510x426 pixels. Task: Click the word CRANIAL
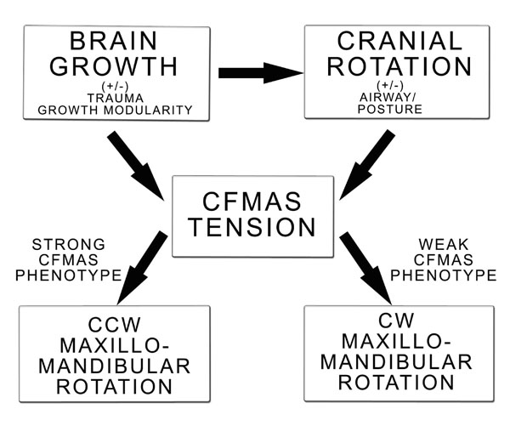pos(396,41)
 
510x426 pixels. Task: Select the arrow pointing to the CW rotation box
pos(367,267)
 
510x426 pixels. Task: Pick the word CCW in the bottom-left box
pos(115,324)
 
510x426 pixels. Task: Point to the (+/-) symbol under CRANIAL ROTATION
pos(396,84)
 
